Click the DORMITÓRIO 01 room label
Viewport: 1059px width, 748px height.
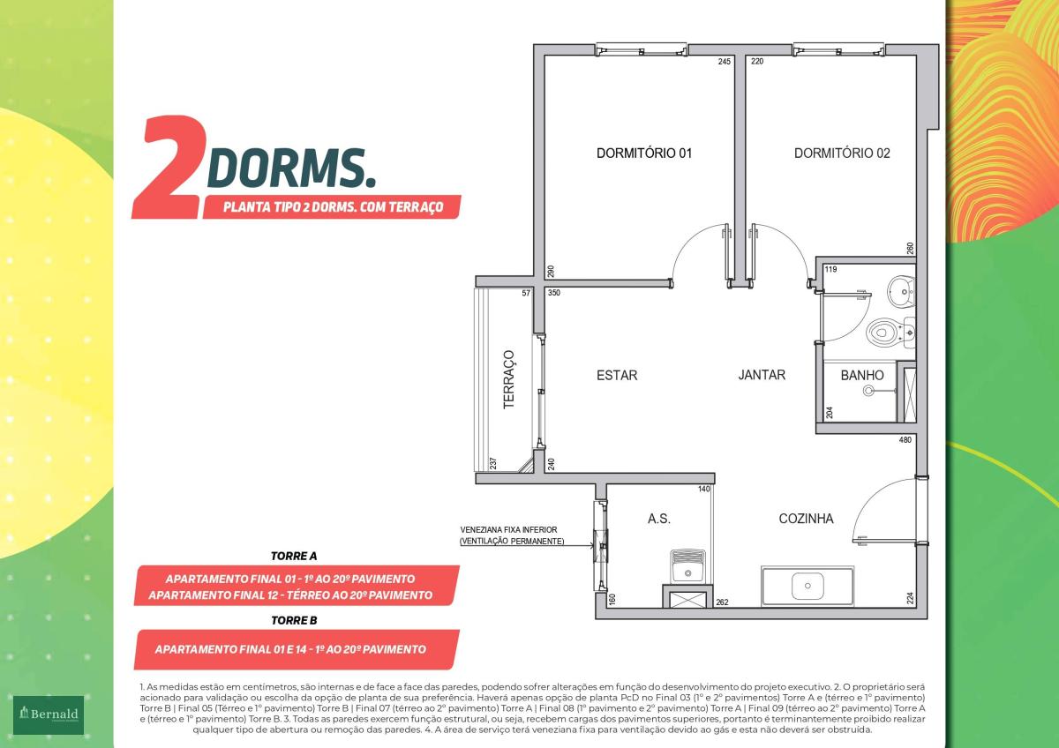tap(644, 153)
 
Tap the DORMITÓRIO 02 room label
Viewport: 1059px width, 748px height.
tap(842, 153)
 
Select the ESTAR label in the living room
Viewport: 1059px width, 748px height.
tap(617, 375)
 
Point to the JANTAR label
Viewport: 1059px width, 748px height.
tap(762, 375)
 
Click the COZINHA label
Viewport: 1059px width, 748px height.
tap(806, 519)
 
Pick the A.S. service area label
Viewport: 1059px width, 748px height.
tap(659, 519)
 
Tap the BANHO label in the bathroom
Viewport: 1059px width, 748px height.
tap(862, 375)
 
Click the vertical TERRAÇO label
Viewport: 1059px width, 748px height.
tap(508, 379)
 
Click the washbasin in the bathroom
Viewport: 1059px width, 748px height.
tap(901, 291)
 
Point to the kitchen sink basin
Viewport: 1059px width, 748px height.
tap(807, 586)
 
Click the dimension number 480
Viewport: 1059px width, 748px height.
tap(905, 440)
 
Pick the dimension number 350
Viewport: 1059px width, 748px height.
tap(553, 293)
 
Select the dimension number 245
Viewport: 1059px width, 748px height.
tap(724, 62)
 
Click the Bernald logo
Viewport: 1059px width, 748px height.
tap(49, 714)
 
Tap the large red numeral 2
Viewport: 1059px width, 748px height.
tap(171, 168)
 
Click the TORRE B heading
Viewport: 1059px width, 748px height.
tap(294, 620)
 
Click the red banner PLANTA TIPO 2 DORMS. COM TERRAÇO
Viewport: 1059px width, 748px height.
tap(332, 207)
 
